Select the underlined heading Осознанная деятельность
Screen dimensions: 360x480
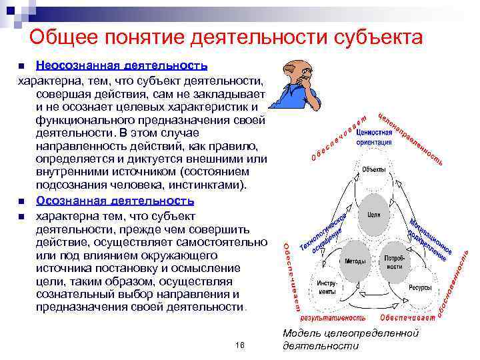coord(115,200)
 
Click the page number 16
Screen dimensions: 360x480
coord(241,345)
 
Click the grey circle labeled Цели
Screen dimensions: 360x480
coord(374,215)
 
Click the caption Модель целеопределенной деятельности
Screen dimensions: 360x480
coord(350,339)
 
